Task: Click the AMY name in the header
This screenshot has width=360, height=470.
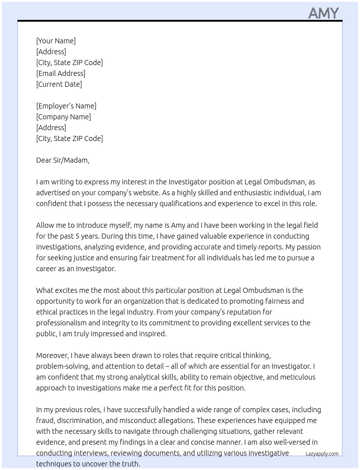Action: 323,13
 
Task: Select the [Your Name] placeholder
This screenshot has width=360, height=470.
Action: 56,41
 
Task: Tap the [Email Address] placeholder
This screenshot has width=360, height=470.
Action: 61,73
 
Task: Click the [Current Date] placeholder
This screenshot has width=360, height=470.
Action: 59,84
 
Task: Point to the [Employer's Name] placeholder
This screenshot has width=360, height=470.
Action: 66,106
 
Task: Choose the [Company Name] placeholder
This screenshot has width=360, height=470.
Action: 63,117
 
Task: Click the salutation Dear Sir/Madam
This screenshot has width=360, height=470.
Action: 63,160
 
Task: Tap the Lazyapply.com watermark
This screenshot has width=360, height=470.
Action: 322,454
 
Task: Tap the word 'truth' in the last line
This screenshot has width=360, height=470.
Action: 130,464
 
